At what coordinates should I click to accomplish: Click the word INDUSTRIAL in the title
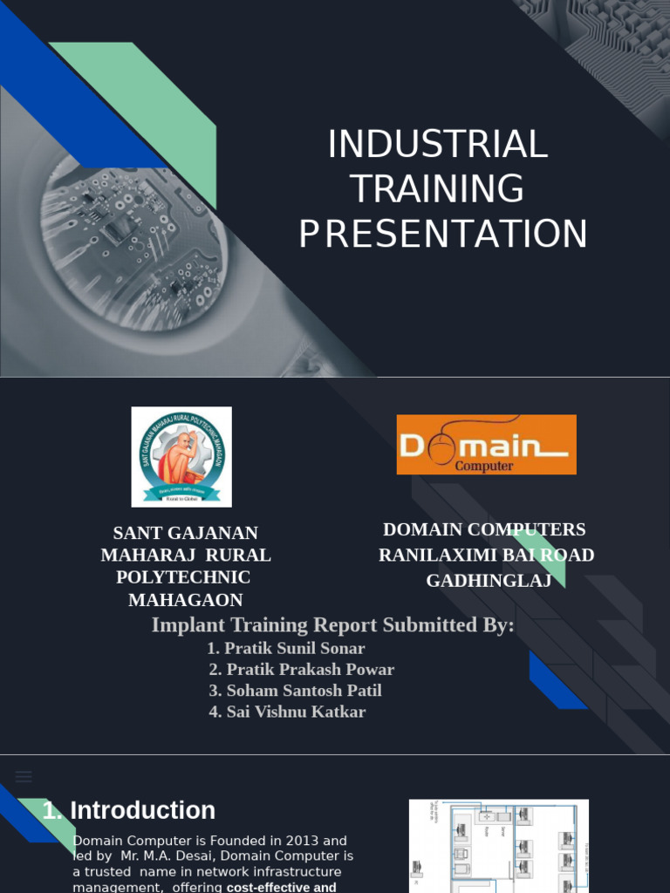(x=438, y=145)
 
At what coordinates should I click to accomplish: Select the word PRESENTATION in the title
(x=443, y=235)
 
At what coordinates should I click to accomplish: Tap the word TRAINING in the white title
(x=438, y=189)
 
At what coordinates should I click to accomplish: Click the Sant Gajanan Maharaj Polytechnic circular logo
(x=181, y=456)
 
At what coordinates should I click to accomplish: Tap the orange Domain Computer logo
(x=486, y=445)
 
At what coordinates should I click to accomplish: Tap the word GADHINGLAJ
(x=489, y=581)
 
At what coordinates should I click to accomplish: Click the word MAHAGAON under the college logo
(x=186, y=600)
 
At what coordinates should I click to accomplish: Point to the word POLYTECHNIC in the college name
(x=183, y=577)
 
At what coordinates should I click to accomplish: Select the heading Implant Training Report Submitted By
(x=332, y=625)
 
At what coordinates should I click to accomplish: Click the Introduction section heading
(x=142, y=810)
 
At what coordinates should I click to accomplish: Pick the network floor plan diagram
(x=498, y=844)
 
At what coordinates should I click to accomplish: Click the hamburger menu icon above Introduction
(x=24, y=776)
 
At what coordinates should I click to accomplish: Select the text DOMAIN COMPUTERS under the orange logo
(x=484, y=529)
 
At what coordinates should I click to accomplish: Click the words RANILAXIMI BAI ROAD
(x=486, y=556)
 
